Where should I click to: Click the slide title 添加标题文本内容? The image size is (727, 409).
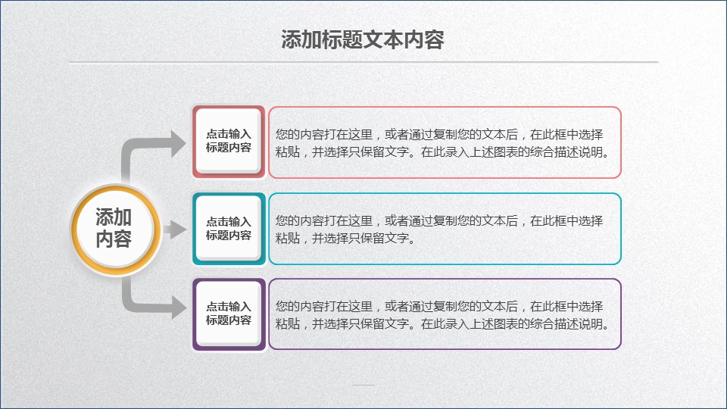[x=363, y=40]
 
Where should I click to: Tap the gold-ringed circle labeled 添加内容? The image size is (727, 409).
[x=115, y=228]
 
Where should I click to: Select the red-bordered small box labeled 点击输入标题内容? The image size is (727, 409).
[x=229, y=142]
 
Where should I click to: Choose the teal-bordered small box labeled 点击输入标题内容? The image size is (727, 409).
[x=229, y=229]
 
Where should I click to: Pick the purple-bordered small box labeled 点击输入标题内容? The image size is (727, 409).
[x=229, y=314]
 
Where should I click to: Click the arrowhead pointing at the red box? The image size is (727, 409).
[x=179, y=144]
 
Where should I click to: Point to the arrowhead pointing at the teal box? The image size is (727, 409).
[x=178, y=229]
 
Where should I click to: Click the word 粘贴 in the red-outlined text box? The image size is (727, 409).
[x=288, y=152]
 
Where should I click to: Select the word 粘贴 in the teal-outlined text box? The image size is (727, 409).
[x=288, y=239]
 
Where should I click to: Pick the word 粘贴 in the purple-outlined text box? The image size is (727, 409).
[x=288, y=323]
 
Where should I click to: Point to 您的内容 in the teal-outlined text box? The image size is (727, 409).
[x=300, y=220]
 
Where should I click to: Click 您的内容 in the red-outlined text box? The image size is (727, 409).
[x=300, y=135]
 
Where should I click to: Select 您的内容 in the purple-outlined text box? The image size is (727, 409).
[x=300, y=307]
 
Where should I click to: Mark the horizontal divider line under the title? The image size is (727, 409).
[x=363, y=61]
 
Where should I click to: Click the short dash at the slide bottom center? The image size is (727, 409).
[x=363, y=385]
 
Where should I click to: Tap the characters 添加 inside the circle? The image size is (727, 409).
[x=114, y=217]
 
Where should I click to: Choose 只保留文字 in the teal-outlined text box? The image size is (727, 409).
[x=379, y=239]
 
